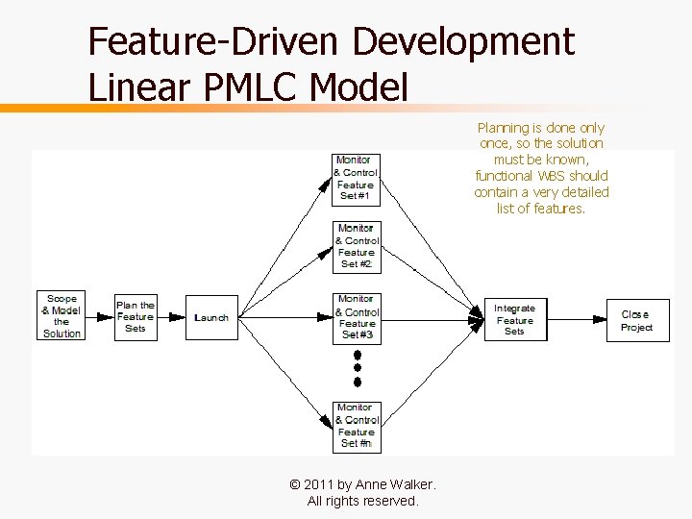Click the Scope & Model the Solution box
click(x=62, y=315)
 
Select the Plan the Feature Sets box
click(x=136, y=316)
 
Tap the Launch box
click(x=211, y=317)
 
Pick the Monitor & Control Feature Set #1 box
click(x=356, y=178)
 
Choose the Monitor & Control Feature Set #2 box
click(x=356, y=246)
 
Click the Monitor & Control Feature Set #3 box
click(x=357, y=317)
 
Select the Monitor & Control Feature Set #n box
click(x=357, y=426)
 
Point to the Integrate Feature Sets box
click(x=514, y=320)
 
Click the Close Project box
click(x=636, y=321)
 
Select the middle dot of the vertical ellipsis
click(x=358, y=367)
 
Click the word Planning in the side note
click(x=503, y=128)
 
